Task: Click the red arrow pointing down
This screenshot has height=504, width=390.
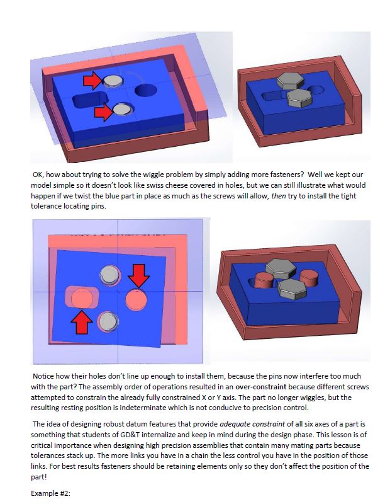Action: pos(138,275)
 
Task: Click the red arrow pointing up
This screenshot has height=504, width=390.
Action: pos(82,323)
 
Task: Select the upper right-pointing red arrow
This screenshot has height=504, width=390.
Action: pos(93,81)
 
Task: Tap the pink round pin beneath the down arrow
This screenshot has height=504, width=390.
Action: pos(136,300)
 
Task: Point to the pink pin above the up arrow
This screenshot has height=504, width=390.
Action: pos(82,299)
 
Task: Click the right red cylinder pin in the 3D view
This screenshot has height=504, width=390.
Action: pos(308,278)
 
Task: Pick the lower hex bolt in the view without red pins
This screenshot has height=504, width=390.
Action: pos(299,98)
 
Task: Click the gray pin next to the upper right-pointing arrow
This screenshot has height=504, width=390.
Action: pos(113,82)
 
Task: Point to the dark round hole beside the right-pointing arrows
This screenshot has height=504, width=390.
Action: pos(146,90)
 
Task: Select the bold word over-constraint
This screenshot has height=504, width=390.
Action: pos(260,387)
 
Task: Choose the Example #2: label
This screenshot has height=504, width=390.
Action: pos(50,493)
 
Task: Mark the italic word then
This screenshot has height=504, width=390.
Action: pos(278,196)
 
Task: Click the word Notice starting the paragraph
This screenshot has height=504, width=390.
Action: pos(43,376)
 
